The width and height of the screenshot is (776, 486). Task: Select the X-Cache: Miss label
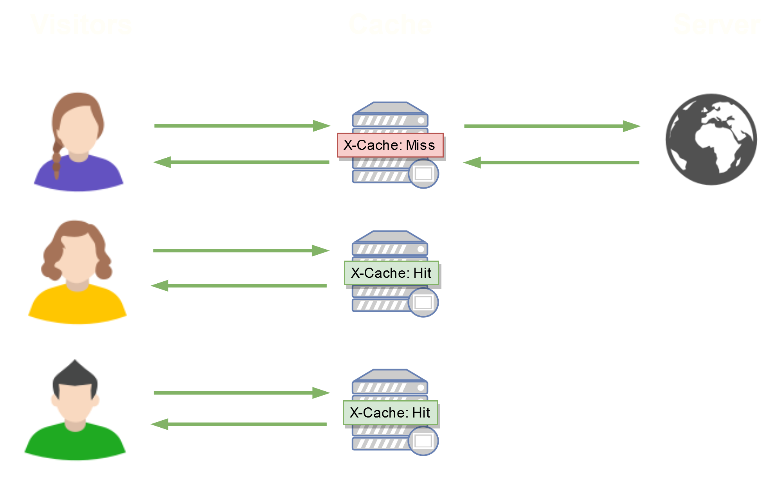[390, 145]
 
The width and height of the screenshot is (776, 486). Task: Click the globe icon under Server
[711, 139]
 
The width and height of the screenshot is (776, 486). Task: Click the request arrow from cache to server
[552, 126]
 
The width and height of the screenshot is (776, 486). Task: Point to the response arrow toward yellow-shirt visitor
[239, 286]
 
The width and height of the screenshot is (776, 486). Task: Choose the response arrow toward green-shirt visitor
[239, 424]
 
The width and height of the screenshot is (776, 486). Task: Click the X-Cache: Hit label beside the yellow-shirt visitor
[391, 273]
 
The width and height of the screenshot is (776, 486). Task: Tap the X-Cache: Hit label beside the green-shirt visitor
[390, 413]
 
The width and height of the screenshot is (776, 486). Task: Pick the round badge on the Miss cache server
[423, 173]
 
